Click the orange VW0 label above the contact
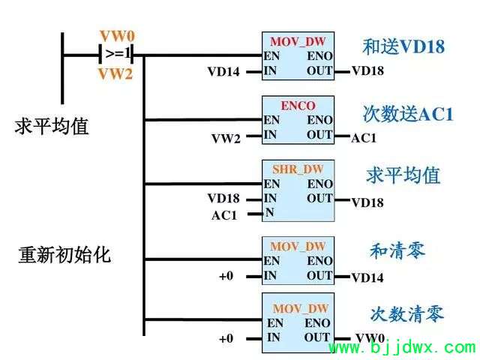(117, 37)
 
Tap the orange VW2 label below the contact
(115, 74)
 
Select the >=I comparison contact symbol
(117, 54)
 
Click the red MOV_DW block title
(298, 42)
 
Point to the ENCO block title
(298, 106)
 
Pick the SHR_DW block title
(298, 169)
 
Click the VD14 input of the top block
(223, 72)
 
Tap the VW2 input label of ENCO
(226, 139)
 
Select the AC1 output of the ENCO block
(363, 138)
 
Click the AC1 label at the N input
(224, 215)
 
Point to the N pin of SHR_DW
(269, 212)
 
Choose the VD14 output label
(367, 277)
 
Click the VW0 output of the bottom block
(370, 338)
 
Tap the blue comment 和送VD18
(403, 46)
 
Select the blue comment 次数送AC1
(408, 114)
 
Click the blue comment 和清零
(397, 250)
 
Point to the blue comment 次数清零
(407, 313)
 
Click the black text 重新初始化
(64, 255)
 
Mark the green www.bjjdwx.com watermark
(403, 348)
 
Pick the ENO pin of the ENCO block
(319, 120)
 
